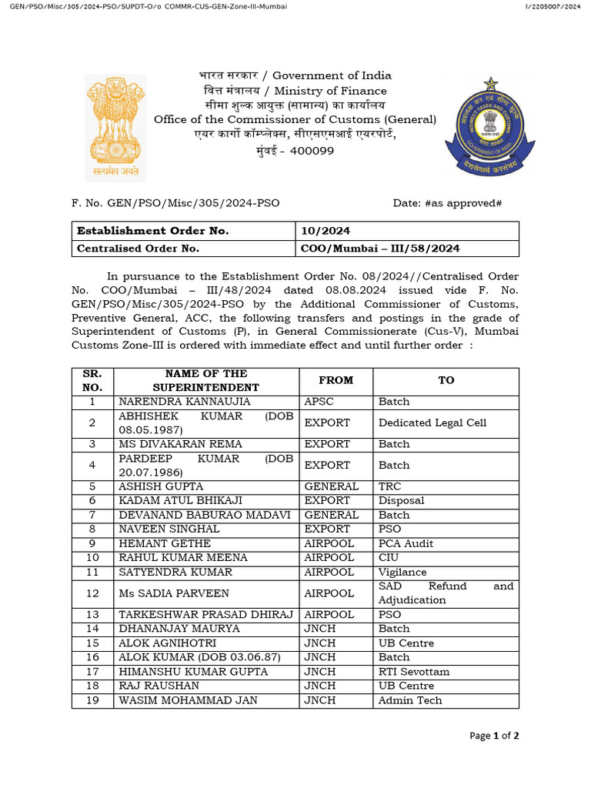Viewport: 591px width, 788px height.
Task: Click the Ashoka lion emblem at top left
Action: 115,127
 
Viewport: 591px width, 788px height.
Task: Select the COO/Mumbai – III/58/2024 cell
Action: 379,249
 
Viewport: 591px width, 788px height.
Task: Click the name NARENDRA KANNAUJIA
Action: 174,402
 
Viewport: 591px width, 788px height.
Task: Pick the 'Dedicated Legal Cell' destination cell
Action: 432,422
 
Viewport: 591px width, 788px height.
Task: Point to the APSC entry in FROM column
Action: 319,402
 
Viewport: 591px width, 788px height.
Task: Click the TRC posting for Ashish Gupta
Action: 389,486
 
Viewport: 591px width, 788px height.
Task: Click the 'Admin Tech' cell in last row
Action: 410,700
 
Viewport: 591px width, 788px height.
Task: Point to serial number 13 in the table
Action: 92,615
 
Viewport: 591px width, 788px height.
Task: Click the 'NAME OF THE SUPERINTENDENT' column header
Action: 205,380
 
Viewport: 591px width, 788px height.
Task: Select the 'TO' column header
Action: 446,380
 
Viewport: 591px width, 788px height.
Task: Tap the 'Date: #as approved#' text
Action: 447,202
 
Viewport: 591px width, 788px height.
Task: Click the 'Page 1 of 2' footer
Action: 494,736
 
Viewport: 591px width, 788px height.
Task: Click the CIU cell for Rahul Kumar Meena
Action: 389,557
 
